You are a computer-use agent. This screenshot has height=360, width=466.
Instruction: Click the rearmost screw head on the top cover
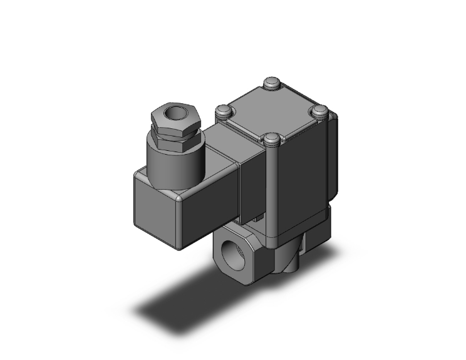point(271,83)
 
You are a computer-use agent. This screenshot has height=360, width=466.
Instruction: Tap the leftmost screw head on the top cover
point(223,111)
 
